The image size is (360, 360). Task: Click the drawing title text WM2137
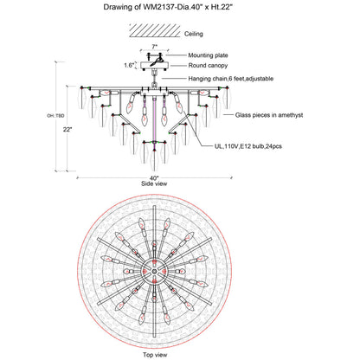(158, 7)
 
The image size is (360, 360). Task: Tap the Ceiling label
(194, 34)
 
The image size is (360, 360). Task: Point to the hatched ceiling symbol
(155, 30)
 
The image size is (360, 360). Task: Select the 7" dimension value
(155, 47)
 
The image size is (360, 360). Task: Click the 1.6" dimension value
(129, 65)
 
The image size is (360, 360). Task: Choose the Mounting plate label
(208, 55)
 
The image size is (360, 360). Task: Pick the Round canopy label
(208, 66)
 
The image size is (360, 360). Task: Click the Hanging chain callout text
(231, 79)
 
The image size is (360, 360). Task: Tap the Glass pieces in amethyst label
(269, 115)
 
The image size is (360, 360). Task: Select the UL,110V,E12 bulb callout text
(248, 146)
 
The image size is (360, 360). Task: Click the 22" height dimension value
(67, 130)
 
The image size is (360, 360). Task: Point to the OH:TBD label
(55, 116)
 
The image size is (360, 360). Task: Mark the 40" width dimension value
(154, 178)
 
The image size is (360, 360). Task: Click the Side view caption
(154, 183)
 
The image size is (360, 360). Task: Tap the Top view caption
(155, 355)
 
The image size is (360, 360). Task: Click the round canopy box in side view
(154, 66)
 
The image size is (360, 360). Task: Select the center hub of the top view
(154, 271)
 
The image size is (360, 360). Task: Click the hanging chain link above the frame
(154, 85)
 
